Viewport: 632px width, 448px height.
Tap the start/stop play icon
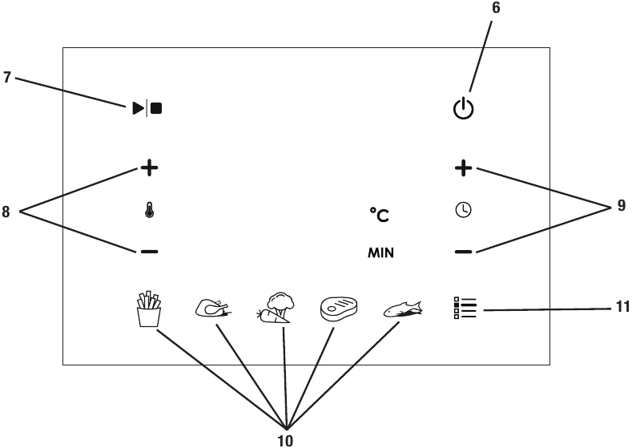[147, 108]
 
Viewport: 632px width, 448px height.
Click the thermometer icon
[150, 211]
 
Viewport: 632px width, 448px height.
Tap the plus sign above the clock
[464, 167]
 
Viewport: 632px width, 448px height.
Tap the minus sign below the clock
[464, 252]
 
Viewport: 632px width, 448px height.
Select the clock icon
[464, 211]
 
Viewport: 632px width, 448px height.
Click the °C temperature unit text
[380, 215]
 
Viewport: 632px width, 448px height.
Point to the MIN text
[381, 252]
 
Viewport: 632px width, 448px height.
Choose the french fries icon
[149, 309]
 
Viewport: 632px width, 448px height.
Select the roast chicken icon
[213, 308]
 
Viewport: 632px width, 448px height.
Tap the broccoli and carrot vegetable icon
[276, 307]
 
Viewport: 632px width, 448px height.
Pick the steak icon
[339, 309]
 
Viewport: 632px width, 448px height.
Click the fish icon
[402, 309]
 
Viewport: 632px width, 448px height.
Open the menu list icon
[465, 308]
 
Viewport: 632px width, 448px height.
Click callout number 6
[496, 8]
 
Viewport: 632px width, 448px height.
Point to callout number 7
[7, 78]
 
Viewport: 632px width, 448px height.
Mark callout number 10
[285, 441]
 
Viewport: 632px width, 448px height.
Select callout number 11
[623, 307]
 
